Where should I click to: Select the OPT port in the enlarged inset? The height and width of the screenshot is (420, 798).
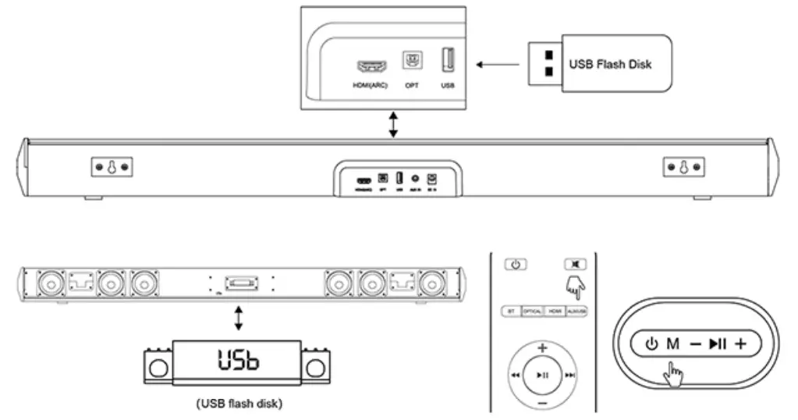click(x=411, y=61)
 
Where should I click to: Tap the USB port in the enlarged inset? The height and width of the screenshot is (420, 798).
click(x=448, y=61)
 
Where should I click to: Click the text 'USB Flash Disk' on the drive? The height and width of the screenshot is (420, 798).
click(x=610, y=64)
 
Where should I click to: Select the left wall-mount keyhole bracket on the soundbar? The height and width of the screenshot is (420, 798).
click(x=111, y=167)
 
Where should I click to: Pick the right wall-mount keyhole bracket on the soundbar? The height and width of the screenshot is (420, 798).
click(x=684, y=167)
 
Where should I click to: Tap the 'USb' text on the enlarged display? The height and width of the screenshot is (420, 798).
click(x=238, y=360)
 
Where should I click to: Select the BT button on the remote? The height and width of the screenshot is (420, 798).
click(x=511, y=311)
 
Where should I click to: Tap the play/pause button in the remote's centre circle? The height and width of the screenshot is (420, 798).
click(x=543, y=376)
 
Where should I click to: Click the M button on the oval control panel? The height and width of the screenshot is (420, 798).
click(x=672, y=343)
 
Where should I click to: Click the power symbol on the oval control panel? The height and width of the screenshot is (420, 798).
click(x=651, y=343)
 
